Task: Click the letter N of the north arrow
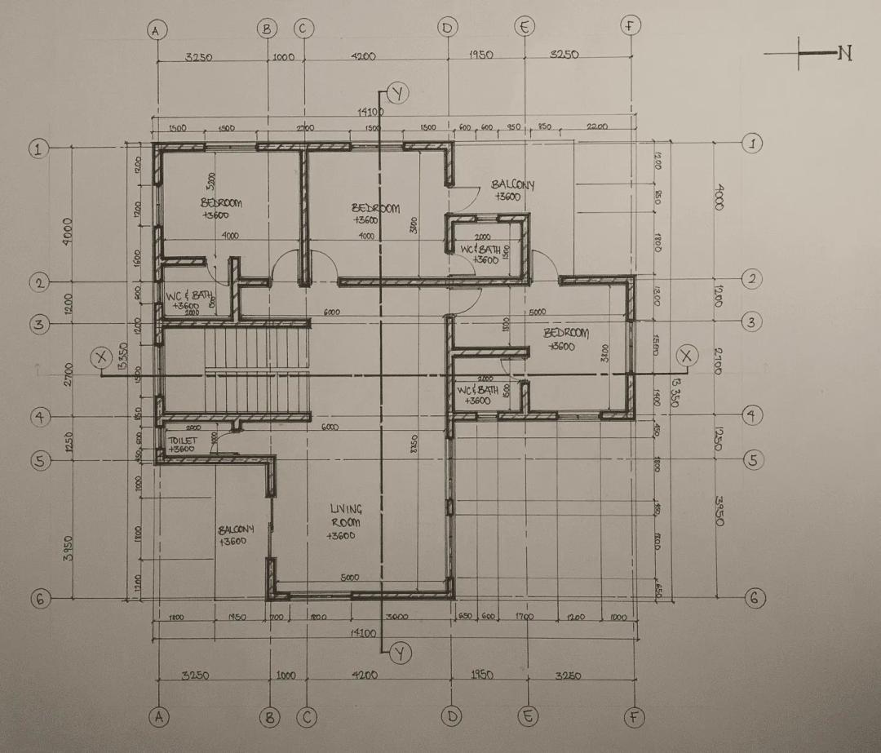coord(844,54)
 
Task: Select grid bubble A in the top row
coord(157,29)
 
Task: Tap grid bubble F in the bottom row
coord(634,717)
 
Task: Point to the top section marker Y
coord(397,93)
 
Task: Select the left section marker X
coord(101,357)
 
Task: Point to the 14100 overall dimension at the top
coord(371,111)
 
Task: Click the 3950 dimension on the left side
coord(69,547)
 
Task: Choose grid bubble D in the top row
coord(446,28)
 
